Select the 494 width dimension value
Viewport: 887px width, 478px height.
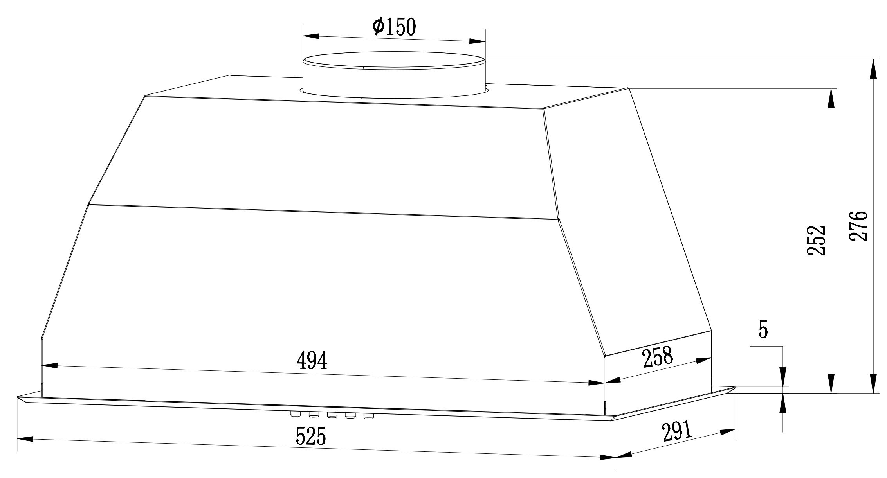(312, 361)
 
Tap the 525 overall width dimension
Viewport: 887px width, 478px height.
(311, 437)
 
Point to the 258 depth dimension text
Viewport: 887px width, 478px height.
(658, 357)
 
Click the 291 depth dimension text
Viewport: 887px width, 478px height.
(677, 431)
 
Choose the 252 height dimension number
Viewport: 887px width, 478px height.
(816, 240)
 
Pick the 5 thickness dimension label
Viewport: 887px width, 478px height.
(763, 330)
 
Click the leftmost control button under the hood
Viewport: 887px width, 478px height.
(295, 414)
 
